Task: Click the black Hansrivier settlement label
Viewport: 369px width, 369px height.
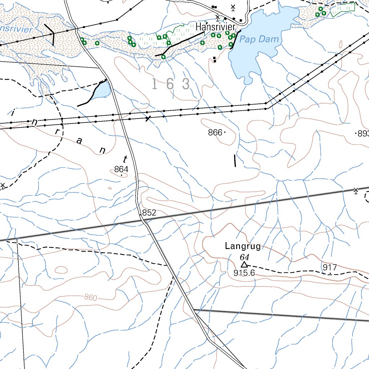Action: [215, 27]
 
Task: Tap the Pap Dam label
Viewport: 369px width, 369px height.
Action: [259, 39]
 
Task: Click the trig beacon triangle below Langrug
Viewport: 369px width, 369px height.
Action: [244, 265]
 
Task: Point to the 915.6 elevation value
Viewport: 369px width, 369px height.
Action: [244, 273]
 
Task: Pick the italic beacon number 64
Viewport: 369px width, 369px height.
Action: [244, 257]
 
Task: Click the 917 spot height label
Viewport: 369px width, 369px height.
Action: [330, 267]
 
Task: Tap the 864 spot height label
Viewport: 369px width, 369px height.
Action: [121, 169]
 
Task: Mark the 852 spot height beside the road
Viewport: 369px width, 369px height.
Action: [149, 213]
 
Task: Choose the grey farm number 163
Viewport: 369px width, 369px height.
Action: [171, 84]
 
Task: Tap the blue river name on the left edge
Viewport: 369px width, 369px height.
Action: [16, 29]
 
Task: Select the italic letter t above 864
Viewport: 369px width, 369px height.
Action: [125, 159]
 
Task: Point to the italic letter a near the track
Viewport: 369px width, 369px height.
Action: [79, 141]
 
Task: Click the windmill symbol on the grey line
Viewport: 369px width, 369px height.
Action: [356, 190]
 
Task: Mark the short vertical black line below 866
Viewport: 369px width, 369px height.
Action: [235, 161]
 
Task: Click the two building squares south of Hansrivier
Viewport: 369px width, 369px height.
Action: [215, 59]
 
